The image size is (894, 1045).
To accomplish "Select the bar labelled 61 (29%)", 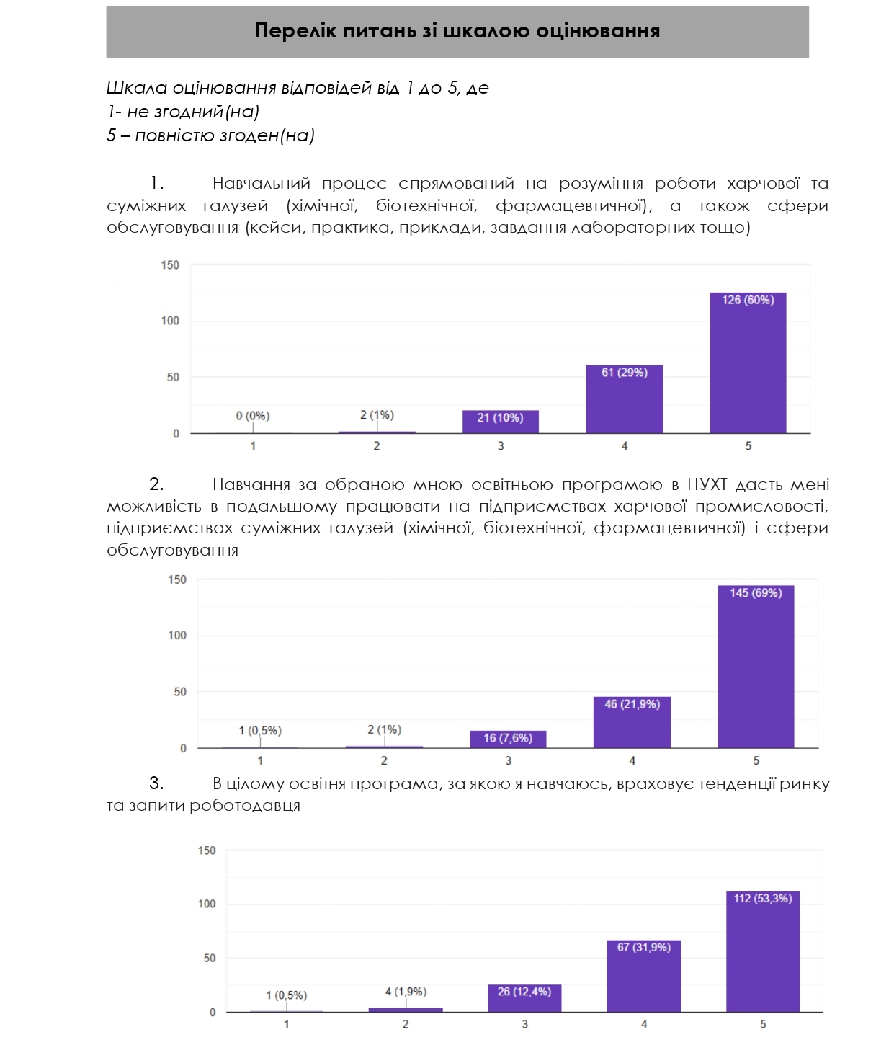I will (624, 399).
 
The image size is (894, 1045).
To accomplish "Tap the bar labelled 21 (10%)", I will (500, 422).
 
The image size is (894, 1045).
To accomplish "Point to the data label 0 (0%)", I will (253, 416).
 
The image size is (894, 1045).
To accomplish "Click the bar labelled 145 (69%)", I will (756, 667).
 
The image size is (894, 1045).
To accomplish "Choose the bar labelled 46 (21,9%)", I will (632, 722).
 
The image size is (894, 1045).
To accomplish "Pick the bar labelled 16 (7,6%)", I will (508, 739).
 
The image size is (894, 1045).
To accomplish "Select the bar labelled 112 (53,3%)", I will (763, 951).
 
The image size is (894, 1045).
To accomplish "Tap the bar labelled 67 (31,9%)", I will (644, 976).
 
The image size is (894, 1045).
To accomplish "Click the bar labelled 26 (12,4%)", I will (524, 998).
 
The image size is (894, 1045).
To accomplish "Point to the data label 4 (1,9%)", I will (406, 992).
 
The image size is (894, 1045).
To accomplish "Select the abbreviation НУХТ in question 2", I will (707, 484).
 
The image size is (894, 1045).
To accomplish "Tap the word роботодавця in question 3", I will (245, 805).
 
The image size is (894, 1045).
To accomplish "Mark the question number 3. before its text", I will (156, 783).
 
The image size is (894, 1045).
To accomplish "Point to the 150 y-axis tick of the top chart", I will (170, 265).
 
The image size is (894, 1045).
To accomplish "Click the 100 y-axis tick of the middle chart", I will (177, 636).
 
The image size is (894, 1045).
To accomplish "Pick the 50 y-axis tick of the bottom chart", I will (209, 959).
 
